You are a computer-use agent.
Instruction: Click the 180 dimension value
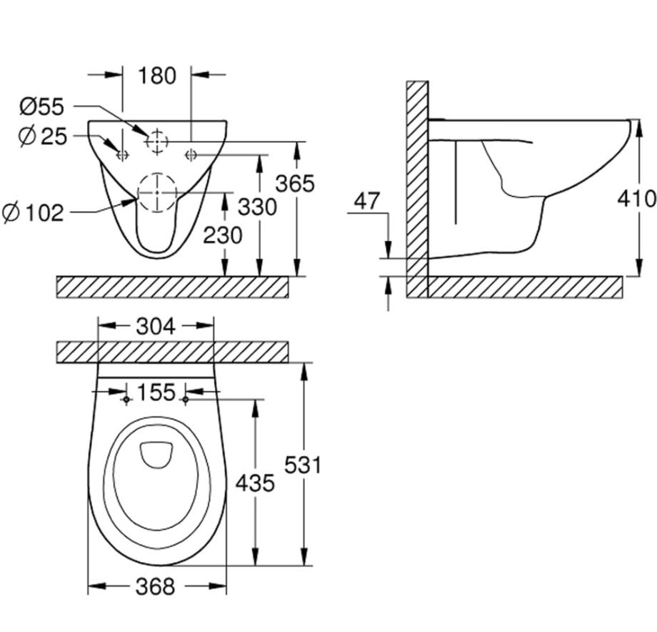[x=157, y=76]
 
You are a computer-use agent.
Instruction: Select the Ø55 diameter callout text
[x=41, y=107]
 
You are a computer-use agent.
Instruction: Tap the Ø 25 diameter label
[x=43, y=137]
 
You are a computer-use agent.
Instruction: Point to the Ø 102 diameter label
[x=33, y=213]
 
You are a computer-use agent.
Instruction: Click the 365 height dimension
[x=294, y=184]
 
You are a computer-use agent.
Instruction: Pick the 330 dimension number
[x=257, y=207]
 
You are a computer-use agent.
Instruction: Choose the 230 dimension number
[x=223, y=235]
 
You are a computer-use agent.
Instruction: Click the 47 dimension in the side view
[x=367, y=201]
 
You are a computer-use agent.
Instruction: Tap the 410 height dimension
[x=636, y=198]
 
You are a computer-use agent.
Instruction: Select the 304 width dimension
[x=156, y=326]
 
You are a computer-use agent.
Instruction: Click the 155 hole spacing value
[x=156, y=392]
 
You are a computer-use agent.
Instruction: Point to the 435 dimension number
[x=255, y=483]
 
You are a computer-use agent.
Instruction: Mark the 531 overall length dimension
[x=303, y=465]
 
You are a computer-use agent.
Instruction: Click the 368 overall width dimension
[x=155, y=586]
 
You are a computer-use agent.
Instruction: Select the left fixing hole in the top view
[x=126, y=400]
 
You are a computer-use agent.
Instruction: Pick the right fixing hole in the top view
[x=186, y=400]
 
